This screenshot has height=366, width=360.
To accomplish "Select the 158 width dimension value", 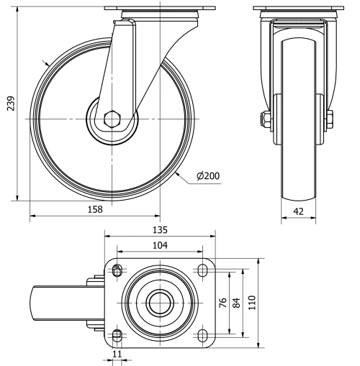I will tap(95, 209).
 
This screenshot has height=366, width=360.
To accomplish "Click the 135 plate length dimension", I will tap(160, 230).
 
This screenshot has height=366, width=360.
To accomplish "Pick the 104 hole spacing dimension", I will tap(160, 245).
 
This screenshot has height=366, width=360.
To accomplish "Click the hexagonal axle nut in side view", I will tap(112, 119).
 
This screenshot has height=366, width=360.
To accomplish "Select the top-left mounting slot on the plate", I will tap(117, 270).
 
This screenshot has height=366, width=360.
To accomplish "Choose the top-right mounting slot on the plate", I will tap(202, 270).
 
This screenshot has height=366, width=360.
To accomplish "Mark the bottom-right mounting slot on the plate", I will tap(202, 335).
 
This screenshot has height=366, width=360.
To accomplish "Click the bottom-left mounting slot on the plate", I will tap(117, 335).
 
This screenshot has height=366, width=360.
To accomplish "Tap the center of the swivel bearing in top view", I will tap(159, 303).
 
